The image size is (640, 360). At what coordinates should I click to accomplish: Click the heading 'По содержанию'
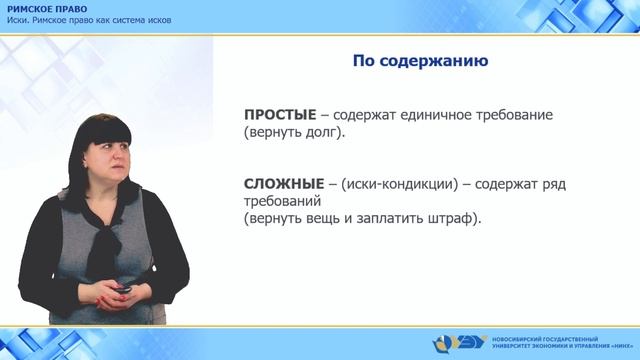[x=420, y=62]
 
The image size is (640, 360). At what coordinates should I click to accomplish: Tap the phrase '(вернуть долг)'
[x=294, y=132]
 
